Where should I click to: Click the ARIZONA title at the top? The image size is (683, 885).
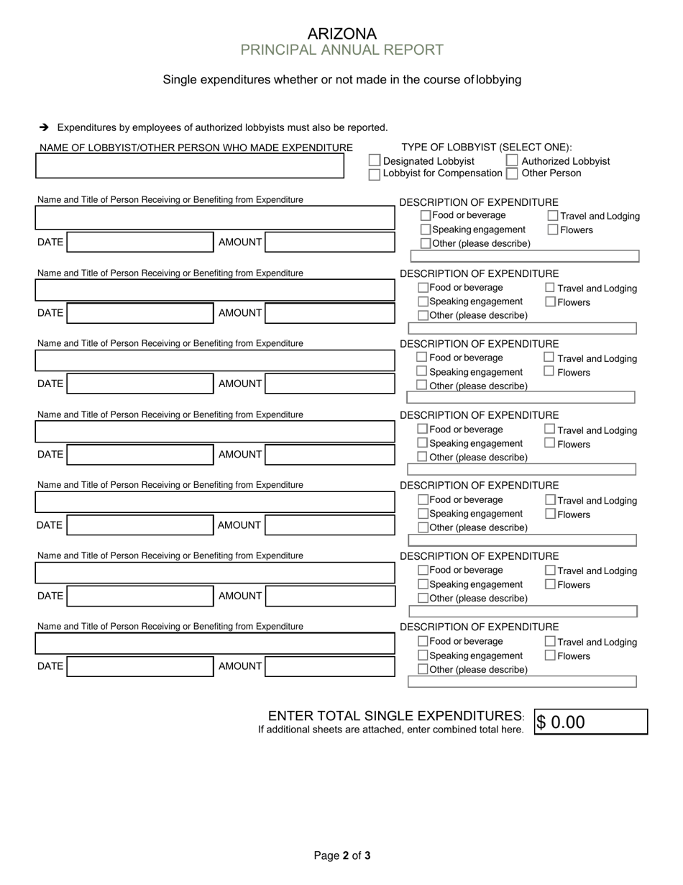point(341,34)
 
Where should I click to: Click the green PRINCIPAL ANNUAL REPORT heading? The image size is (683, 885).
point(341,50)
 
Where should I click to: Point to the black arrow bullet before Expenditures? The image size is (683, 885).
point(44,127)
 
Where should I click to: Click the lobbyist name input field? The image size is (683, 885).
point(190,166)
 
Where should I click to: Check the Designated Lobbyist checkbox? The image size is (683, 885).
point(375,160)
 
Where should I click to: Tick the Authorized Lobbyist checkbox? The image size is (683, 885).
point(512,160)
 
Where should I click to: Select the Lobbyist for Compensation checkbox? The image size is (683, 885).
point(375,174)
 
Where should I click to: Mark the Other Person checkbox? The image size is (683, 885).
point(512,173)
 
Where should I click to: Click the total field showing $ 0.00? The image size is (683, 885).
point(590,722)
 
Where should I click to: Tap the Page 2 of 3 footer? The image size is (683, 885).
point(342,855)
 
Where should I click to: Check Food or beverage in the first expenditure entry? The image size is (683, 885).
point(426,215)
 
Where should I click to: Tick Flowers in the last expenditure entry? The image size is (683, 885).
point(550,655)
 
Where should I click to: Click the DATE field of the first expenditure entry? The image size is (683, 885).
point(140,242)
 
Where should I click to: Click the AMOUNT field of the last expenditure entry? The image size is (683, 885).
point(330,667)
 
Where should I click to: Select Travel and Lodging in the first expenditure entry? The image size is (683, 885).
point(553,215)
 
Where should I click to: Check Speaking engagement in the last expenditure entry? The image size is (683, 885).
point(423,655)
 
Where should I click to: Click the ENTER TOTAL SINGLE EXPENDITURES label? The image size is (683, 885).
point(395,716)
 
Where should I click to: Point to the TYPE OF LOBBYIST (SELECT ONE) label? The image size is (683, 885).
point(487,147)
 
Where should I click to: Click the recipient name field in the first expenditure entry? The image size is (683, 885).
point(215,217)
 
